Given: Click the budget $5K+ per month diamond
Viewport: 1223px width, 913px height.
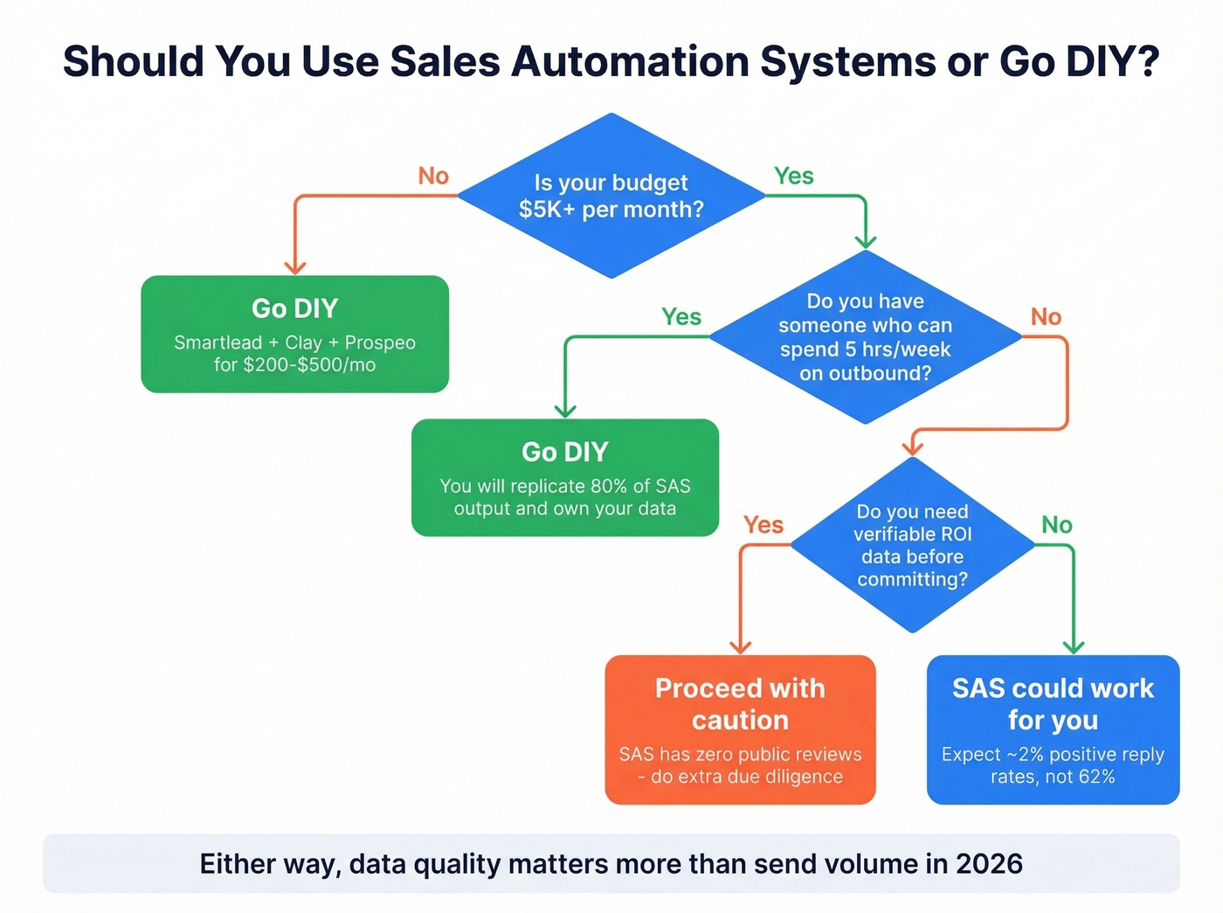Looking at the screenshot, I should coord(611,196).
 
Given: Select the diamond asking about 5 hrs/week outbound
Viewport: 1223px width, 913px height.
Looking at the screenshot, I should coord(865,337).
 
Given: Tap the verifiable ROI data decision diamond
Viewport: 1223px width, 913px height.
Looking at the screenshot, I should coord(912,545).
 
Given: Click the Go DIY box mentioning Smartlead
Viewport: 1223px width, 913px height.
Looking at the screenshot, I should coord(294,334).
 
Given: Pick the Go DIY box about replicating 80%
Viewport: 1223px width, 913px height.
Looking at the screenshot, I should coord(564,477).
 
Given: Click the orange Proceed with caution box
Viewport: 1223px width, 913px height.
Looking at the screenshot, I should coord(740,729).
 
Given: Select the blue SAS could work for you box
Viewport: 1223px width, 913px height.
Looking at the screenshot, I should coord(1053,729).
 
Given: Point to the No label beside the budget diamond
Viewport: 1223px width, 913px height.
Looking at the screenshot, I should coord(433,176).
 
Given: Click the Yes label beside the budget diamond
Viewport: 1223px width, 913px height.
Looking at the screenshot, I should coord(793,176).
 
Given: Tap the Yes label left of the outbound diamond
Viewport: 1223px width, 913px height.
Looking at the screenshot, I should coord(681,316).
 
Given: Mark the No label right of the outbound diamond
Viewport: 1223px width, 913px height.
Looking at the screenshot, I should coord(1046,316).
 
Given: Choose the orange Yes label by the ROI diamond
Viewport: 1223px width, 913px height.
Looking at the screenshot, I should coord(763,524).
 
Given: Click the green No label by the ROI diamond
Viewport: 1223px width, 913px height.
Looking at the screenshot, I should coord(1056,524).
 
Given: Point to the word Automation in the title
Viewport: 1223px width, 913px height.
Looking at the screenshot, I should coord(632,62).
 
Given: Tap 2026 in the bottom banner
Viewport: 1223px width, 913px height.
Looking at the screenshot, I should coord(989,863).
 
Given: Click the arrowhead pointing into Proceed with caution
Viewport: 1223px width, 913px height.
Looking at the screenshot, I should coord(740,647).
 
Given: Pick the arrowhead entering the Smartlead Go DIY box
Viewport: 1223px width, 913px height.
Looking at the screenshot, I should coord(295,267).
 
